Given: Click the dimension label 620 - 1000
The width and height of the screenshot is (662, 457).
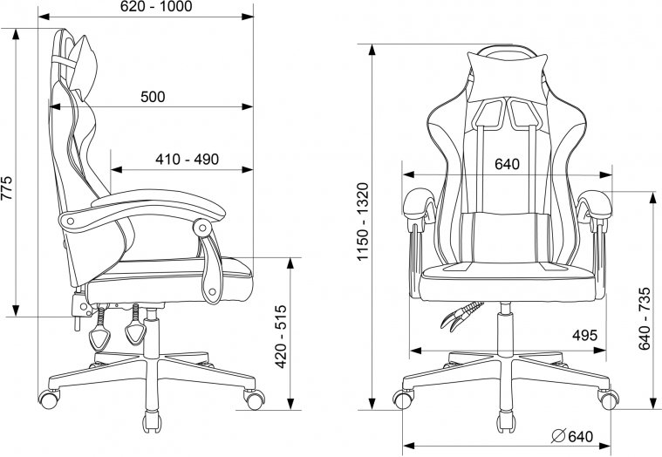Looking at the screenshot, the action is point(156,7).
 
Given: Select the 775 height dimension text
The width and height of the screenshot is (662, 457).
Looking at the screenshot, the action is point(7,188).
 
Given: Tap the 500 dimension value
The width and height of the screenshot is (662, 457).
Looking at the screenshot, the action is point(153,97).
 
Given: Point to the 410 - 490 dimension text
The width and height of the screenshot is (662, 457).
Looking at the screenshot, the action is point(187,160).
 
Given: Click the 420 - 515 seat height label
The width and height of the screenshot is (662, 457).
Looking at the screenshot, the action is point(281,337).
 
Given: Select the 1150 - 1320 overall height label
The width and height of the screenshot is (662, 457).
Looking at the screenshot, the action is point(363,222).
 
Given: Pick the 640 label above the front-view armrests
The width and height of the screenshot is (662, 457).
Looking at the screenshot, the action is point(507,164).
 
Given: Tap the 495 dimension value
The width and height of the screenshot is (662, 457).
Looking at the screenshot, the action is point(584,336).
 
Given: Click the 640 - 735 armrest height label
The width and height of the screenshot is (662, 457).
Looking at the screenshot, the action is point(645,318).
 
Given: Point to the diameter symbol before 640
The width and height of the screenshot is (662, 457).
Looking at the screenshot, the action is point(558,436).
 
